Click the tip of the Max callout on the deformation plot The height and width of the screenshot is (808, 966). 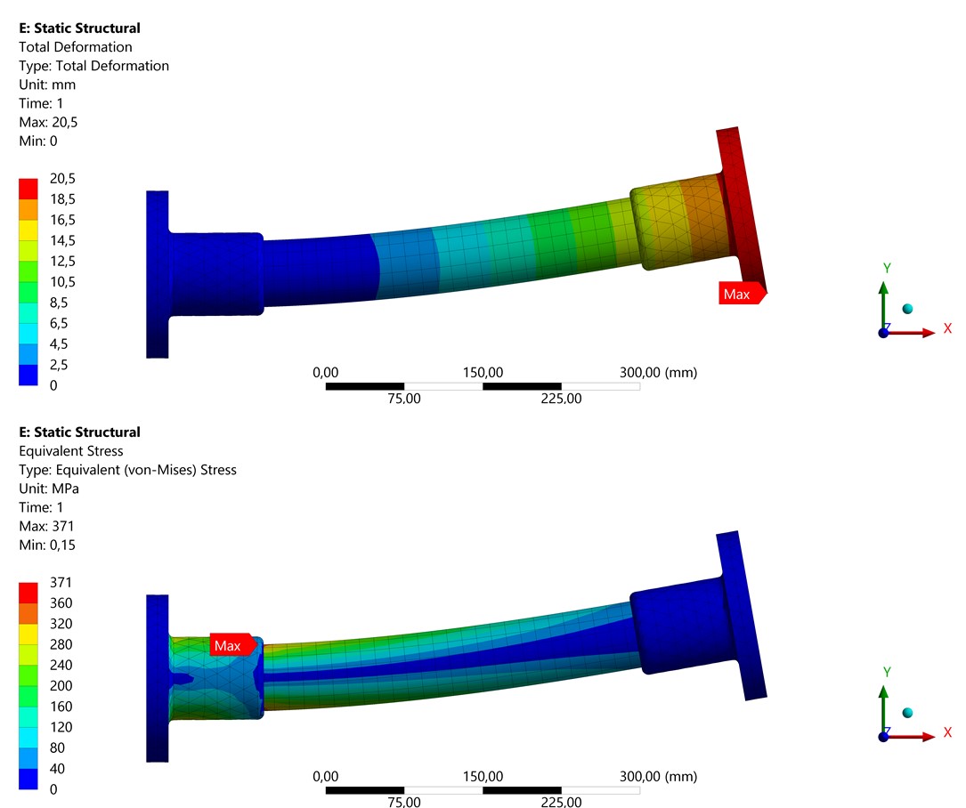(x=767, y=293)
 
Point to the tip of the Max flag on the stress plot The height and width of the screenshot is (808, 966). (x=257, y=645)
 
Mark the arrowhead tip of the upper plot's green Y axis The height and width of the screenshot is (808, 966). (x=883, y=283)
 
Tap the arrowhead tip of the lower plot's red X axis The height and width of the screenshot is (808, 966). (x=935, y=737)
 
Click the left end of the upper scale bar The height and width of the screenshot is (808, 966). (x=326, y=387)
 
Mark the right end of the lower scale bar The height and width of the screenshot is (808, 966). (x=640, y=791)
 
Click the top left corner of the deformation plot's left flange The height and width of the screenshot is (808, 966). (x=147, y=191)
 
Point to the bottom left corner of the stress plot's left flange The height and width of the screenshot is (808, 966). (x=147, y=762)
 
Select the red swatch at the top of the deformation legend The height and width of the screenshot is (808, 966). (x=28, y=189)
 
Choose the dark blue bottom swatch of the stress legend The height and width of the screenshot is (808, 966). (x=28, y=779)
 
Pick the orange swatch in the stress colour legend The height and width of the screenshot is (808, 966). (x=28, y=613)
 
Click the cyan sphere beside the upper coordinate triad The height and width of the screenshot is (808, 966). (x=907, y=309)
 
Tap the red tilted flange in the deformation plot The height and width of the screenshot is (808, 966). (x=741, y=209)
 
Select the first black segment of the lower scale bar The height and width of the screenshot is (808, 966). (x=365, y=791)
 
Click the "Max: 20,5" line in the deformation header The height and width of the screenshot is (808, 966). (x=48, y=122)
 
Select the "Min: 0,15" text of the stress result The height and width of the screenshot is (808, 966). (x=47, y=545)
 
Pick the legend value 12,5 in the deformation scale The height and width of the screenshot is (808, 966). (x=62, y=261)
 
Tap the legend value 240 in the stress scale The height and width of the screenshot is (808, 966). (x=61, y=665)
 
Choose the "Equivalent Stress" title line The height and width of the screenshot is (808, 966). (x=71, y=451)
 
